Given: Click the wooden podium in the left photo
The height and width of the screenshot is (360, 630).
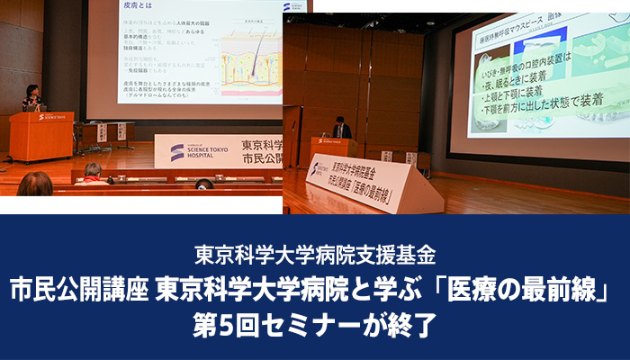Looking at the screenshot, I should [x=40, y=136].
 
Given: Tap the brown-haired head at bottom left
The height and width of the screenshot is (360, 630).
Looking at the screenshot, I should [x=34, y=184].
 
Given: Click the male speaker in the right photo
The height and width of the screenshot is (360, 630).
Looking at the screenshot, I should [x=340, y=130].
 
